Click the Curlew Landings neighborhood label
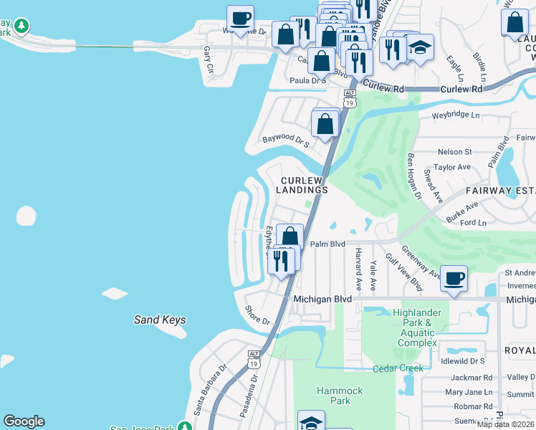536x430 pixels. coord(305,185)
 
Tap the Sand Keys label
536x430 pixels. coord(160,320)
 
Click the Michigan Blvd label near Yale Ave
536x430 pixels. coord(322,298)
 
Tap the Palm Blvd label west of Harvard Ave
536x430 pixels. coord(327,244)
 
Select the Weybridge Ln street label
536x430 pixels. coord(454,115)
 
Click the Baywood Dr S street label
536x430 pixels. coord(285,140)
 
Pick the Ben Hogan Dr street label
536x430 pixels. coord(414,176)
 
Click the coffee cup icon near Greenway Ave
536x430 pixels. coord(454,278)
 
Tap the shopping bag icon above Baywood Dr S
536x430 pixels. coord(326,123)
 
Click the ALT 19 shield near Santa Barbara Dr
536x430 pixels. coord(254,359)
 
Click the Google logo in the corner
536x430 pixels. coord(24,421)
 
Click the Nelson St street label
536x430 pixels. coord(454,152)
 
